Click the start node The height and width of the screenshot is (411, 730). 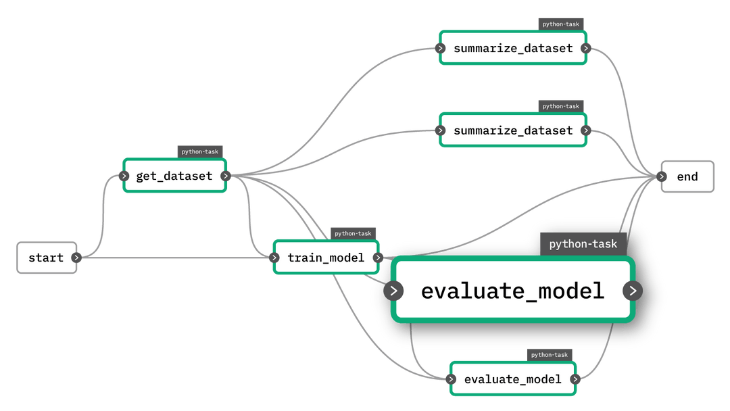tap(46, 258)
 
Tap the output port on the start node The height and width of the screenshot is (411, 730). tap(76, 258)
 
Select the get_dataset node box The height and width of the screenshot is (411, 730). tap(174, 176)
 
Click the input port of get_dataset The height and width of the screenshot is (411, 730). tap(124, 176)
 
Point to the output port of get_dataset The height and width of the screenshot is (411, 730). tap(226, 176)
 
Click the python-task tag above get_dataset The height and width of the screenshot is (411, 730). tap(200, 151)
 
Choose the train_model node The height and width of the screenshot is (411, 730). tap(326, 258)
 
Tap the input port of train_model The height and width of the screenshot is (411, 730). tap(274, 258)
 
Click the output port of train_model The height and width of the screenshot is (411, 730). tap(378, 258)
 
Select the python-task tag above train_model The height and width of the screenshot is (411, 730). tap(353, 233)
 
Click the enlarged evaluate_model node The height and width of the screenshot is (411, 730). tap(512, 291)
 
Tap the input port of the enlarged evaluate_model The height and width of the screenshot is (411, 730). tap(393, 291)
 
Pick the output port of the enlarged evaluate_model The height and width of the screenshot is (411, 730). tap(632, 291)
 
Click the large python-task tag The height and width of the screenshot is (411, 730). tap(583, 244)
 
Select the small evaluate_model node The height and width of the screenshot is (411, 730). tap(512, 379)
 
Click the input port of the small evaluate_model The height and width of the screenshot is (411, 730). tap(451, 379)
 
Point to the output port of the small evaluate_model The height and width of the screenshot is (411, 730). tap(575, 379)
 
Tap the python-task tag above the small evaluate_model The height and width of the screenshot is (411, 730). tap(550, 355)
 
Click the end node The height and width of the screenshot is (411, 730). tap(687, 176)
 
